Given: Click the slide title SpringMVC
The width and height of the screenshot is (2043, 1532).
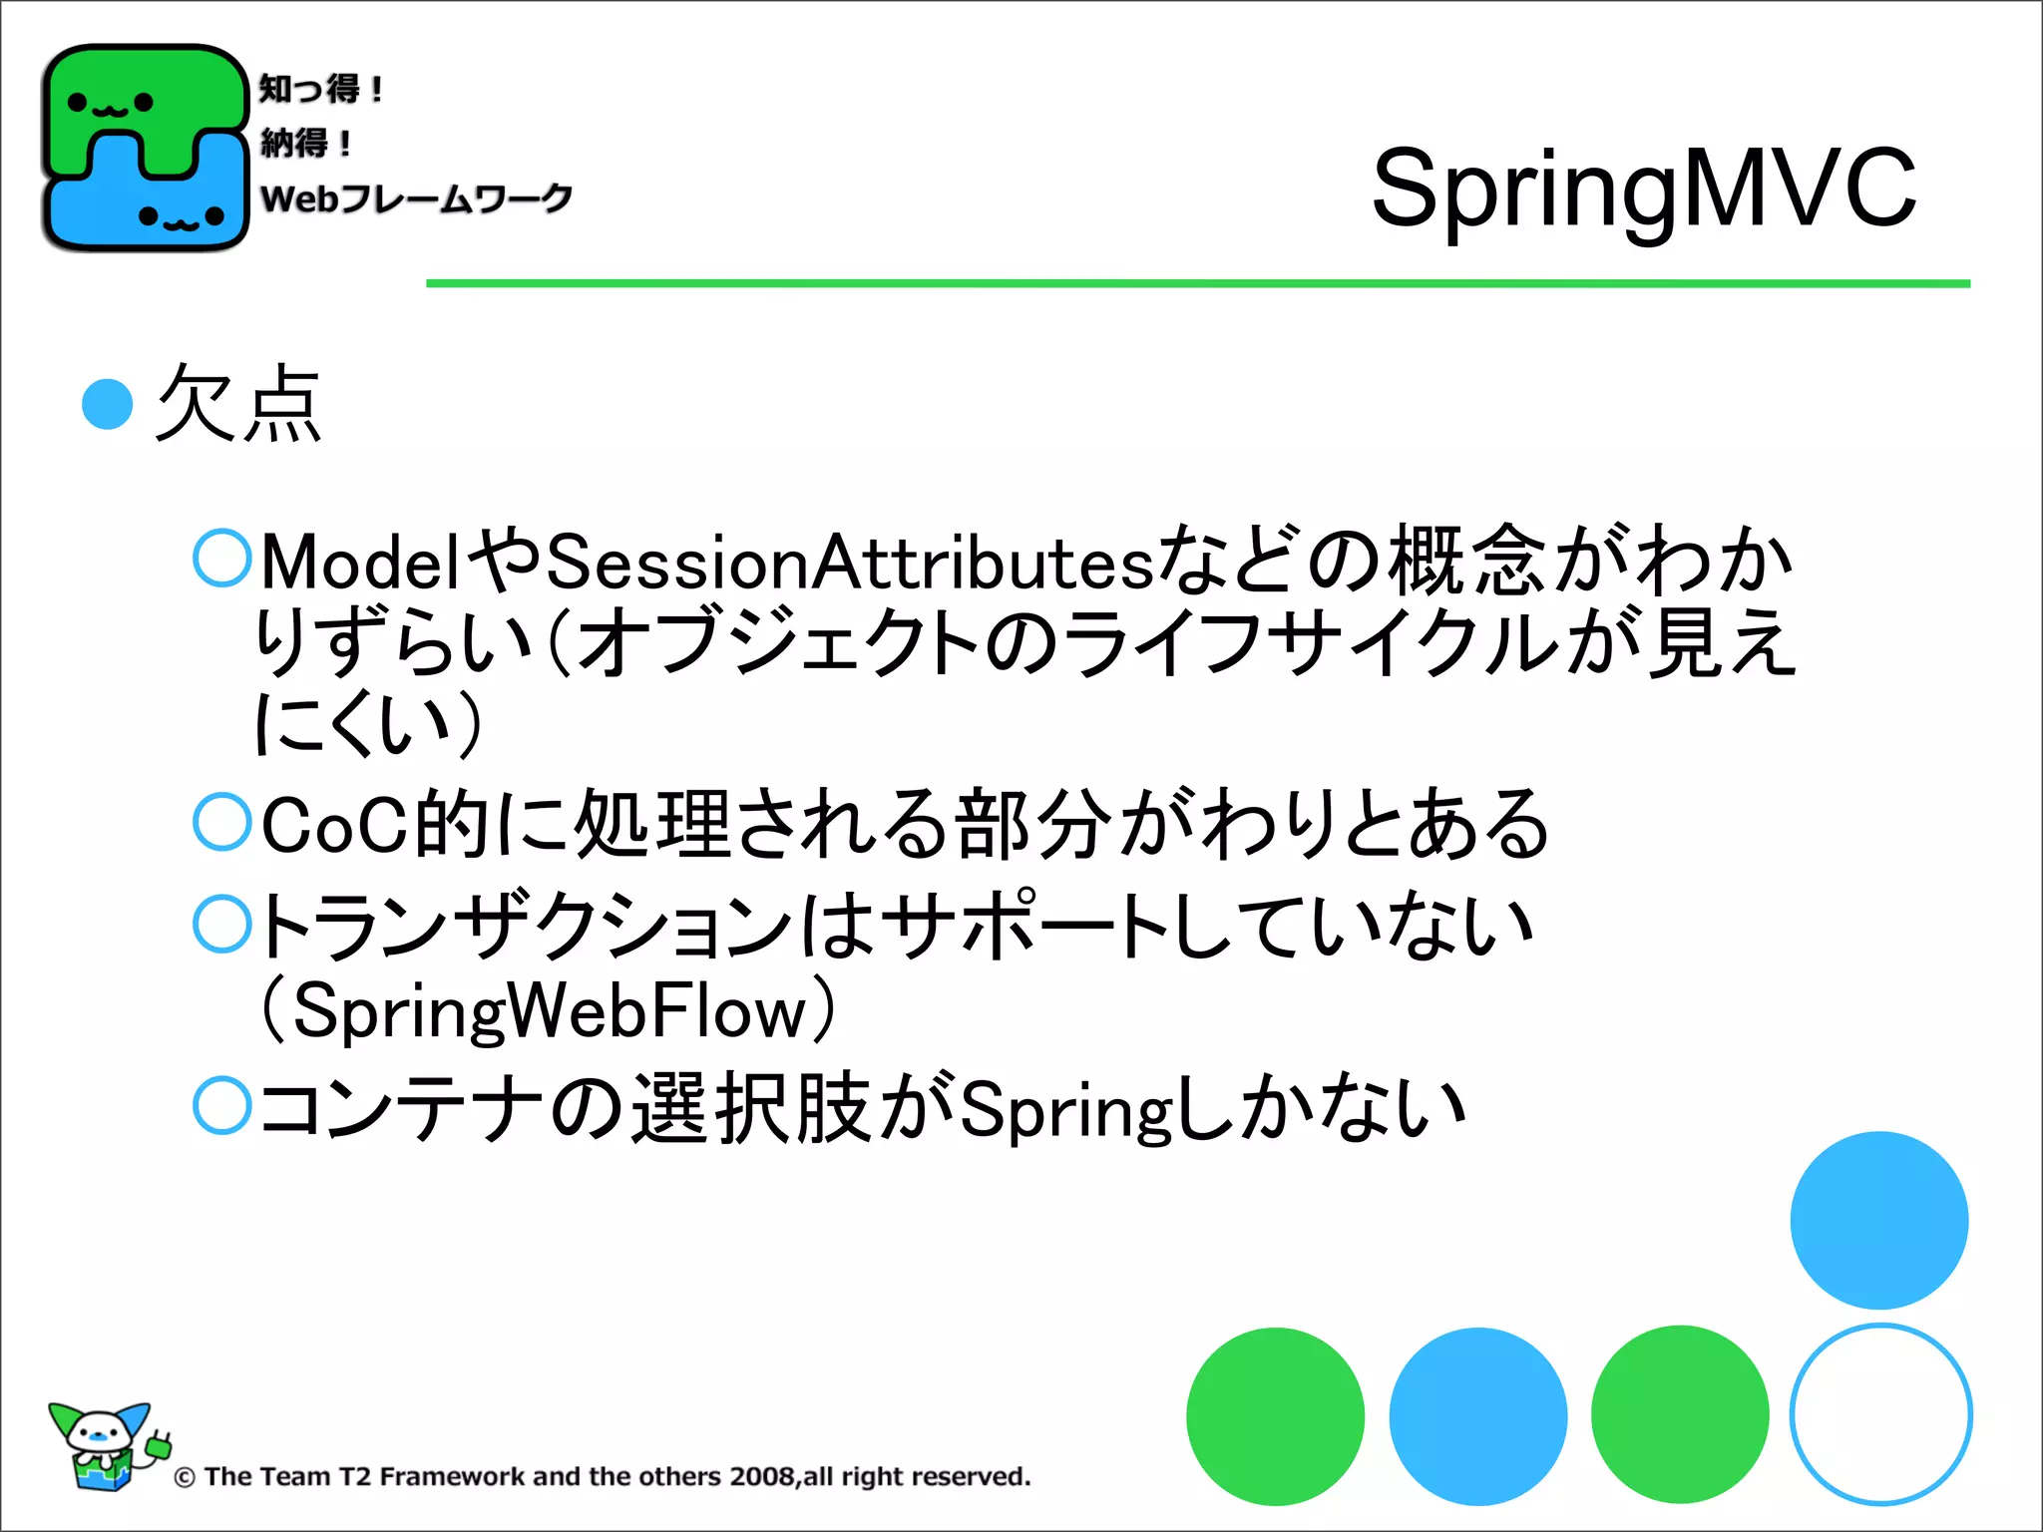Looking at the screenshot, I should tap(1643, 188).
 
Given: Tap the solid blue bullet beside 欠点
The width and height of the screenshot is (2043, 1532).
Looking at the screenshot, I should tap(108, 404).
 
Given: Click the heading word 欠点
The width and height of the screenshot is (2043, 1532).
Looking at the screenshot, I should tap(238, 403).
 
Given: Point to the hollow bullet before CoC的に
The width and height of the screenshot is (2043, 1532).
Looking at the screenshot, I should tap(221, 822).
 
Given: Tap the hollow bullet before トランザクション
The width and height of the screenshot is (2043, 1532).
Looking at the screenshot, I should tap(221, 924).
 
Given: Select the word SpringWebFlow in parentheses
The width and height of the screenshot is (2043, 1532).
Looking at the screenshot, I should tap(549, 1011).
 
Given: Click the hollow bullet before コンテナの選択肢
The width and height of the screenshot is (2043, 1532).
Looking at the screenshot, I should tap(221, 1105).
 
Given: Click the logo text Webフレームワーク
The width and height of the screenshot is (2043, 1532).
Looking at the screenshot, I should tap(416, 197).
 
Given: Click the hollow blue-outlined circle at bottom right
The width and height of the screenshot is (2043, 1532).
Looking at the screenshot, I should tap(1880, 1414).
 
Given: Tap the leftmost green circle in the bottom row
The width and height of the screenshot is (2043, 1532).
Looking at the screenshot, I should tap(1275, 1416).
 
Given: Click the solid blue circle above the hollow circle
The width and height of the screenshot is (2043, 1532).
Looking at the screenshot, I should tap(1878, 1220).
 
